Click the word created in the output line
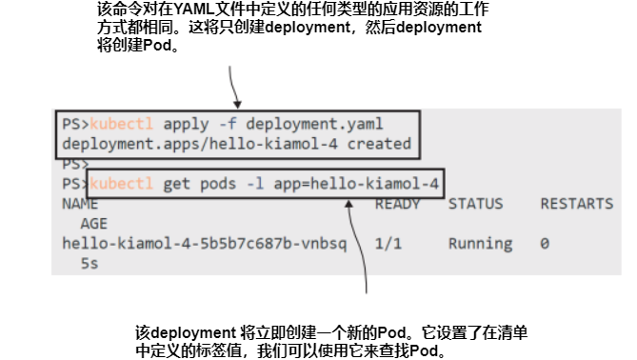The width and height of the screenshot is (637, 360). [x=379, y=144]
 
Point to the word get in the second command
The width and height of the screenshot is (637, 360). [x=175, y=183]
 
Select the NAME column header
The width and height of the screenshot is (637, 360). [x=80, y=204]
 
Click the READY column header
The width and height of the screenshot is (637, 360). [x=397, y=204]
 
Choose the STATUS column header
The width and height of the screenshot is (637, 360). [x=475, y=204]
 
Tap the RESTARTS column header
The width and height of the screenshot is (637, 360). [x=576, y=204]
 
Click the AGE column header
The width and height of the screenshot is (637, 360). [x=93, y=223]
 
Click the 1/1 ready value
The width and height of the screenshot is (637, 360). [x=388, y=243]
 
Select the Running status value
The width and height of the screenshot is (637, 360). [x=480, y=243]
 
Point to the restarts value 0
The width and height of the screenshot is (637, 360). [x=544, y=243]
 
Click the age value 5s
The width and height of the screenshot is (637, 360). [x=89, y=262]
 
